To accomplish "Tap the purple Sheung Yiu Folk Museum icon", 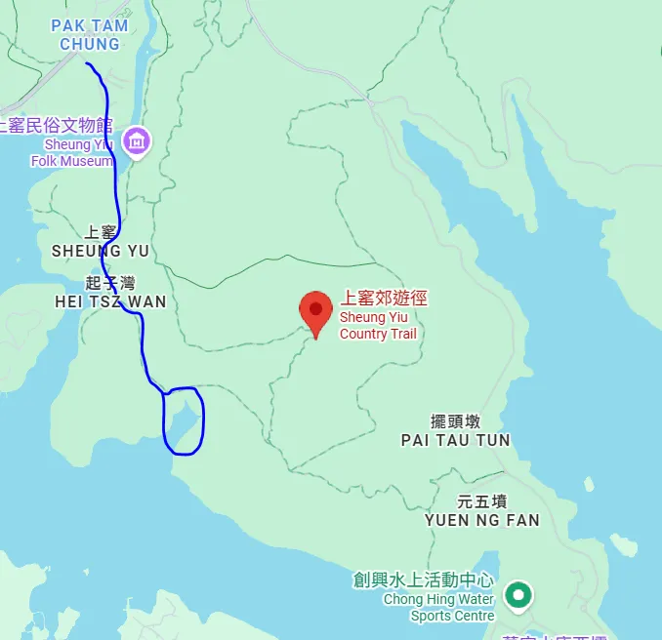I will point(138,140).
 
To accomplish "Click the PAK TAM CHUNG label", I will point(89,34).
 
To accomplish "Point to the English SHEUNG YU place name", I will point(101,251).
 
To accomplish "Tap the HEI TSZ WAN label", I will point(110,302).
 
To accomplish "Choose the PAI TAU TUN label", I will point(455,440).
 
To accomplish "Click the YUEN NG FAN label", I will point(481,520).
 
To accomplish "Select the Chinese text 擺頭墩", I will point(456,421).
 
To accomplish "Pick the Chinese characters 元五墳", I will point(481,501).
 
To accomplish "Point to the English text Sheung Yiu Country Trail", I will point(378,326).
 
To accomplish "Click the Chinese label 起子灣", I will point(107,284).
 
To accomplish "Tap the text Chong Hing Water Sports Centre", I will point(438,607).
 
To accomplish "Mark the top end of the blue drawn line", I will point(87,63).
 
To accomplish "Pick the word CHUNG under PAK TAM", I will point(89,44).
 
